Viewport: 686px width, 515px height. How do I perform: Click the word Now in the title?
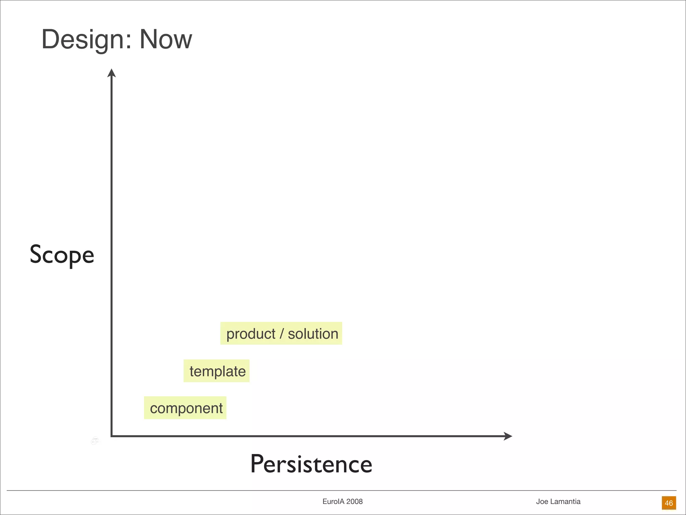tap(165, 40)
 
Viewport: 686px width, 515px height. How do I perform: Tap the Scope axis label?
tap(62, 255)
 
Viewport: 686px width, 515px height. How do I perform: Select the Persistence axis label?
tap(311, 464)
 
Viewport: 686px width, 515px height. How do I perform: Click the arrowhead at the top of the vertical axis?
tap(112, 73)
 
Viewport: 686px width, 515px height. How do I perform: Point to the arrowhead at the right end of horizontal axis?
tap(508, 436)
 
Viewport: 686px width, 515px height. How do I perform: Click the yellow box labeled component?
tap(185, 408)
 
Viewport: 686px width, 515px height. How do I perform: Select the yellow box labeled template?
tap(217, 371)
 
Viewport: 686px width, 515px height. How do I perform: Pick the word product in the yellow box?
tap(251, 334)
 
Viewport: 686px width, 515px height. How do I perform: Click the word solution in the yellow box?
tap(313, 334)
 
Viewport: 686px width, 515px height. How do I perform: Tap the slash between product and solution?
tap(282, 334)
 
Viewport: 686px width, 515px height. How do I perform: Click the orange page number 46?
tap(669, 503)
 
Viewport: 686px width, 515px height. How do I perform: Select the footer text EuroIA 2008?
tap(342, 502)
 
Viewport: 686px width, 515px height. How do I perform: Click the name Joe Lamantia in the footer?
tap(558, 502)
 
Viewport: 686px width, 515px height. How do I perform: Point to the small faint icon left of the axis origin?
tap(95, 441)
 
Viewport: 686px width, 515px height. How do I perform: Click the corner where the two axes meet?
tap(112, 436)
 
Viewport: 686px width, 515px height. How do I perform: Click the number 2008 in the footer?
tap(354, 502)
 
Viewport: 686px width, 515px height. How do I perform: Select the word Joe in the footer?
tap(542, 502)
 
